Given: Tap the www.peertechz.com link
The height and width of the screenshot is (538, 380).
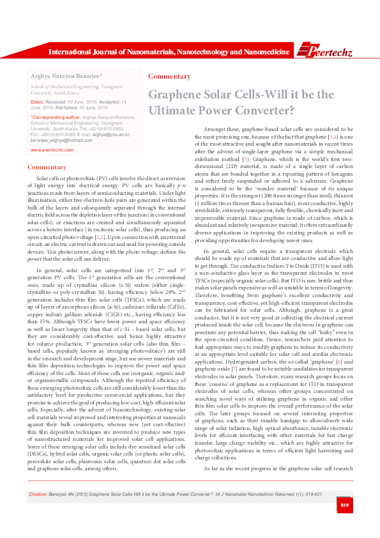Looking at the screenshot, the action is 49,150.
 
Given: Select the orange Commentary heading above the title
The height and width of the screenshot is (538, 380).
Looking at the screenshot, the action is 169,77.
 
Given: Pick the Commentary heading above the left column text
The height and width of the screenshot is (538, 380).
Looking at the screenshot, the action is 47,167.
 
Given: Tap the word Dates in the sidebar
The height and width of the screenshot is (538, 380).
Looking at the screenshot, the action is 36,101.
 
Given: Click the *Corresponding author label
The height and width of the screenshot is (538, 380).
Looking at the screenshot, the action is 56,118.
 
